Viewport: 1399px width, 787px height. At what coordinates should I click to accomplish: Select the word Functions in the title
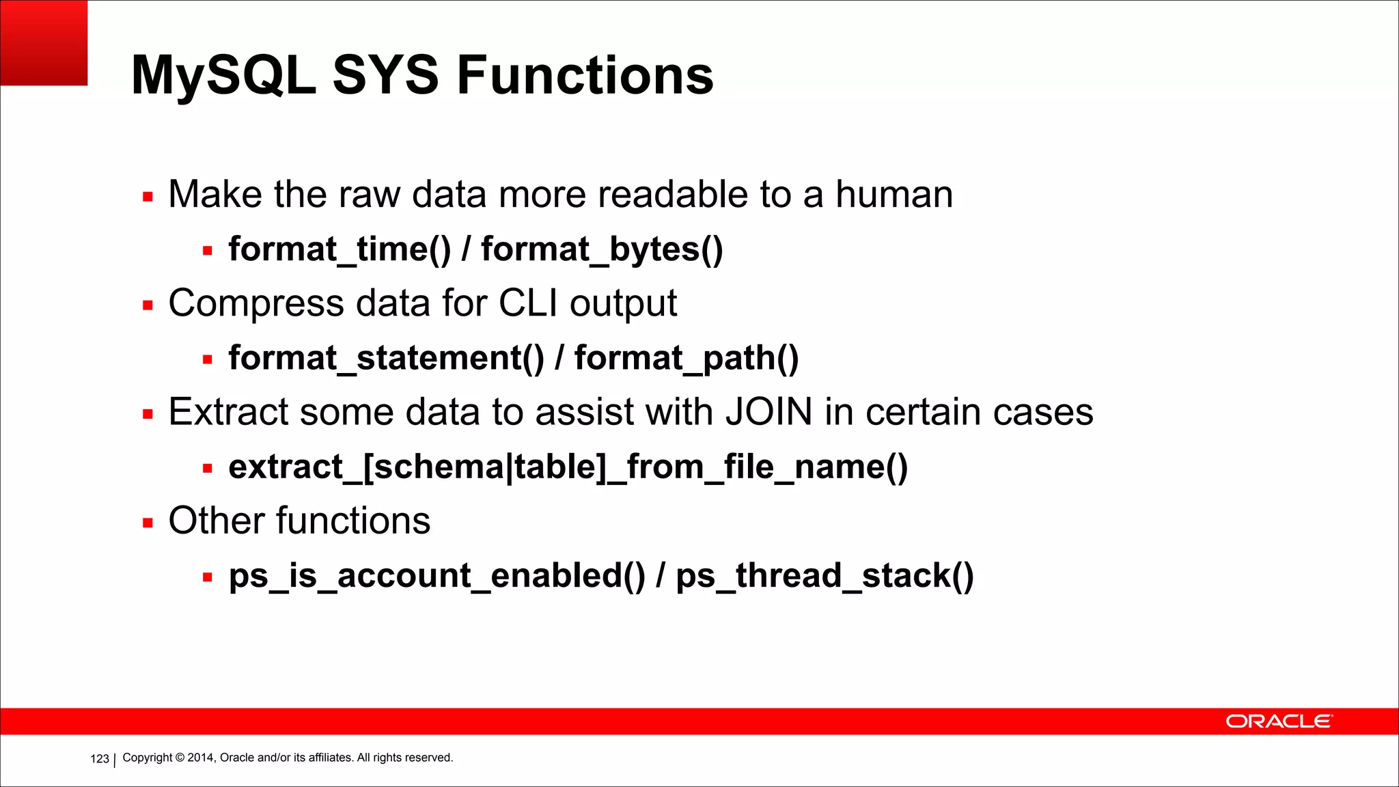coord(585,75)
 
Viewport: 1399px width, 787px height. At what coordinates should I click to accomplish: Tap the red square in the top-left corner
coord(44,42)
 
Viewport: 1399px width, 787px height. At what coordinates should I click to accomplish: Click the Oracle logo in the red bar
coord(1278,721)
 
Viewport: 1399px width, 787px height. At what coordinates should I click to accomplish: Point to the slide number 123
coord(100,759)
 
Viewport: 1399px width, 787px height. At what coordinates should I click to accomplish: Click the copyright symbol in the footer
coord(180,758)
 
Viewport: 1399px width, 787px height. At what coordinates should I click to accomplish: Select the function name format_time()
coord(340,249)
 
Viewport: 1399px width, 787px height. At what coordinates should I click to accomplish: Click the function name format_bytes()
coord(602,249)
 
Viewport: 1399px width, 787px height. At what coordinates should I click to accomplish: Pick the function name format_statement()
coord(386,359)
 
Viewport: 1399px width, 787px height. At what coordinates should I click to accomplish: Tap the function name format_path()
coord(687,359)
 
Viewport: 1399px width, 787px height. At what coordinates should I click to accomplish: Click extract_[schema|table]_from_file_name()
coord(568,467)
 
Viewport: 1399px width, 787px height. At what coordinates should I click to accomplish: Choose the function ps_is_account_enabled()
coord(437,576)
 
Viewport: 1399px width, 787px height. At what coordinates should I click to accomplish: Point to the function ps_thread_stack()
coord(825,576)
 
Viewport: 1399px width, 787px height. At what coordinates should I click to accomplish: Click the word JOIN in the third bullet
coord(768,412)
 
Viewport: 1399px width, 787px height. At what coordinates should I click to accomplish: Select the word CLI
coord(528,303)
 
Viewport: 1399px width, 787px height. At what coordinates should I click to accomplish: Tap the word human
coord(894,195)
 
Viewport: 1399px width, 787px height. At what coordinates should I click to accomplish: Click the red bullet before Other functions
coord(148,523)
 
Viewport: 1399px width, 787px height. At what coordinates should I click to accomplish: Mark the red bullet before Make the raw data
coord(148,197)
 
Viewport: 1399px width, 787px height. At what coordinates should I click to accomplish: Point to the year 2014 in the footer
coord(201,758)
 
